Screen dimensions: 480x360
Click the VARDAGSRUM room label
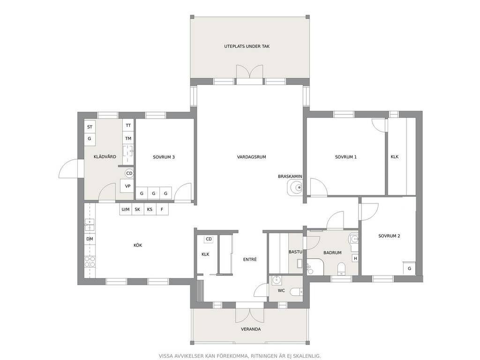(x=251, y=157)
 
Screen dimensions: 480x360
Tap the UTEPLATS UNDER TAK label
(x=247, y=46)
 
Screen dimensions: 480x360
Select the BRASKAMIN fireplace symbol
(x=295, y=187)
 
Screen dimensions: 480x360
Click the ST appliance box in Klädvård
(x=90, y=127)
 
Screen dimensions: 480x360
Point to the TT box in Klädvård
(x=128, y=126)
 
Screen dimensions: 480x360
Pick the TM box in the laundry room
(x=128, y=138)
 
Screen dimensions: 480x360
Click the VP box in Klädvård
(x=127, y=186)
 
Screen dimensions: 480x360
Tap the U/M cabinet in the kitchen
(x=126, y=210)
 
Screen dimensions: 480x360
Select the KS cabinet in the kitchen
(x=150, y=210)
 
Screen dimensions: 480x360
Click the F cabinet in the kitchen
(x=162, y=210)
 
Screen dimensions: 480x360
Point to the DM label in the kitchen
(x=90, y=239)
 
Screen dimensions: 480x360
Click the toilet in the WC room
(x=296, y=292)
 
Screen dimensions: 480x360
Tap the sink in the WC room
(x=277, y=280)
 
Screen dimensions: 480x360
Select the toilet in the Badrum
(x=341, y=268)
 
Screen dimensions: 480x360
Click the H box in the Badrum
(x=355, y=258)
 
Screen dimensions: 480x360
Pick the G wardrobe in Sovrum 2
(x=409, y=269)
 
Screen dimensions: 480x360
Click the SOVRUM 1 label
(x=346, y=157)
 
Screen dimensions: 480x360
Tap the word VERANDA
(x=251, y=329)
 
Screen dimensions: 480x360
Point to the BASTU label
(x=295, y=252)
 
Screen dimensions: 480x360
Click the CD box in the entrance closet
(x=209, y=239)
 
